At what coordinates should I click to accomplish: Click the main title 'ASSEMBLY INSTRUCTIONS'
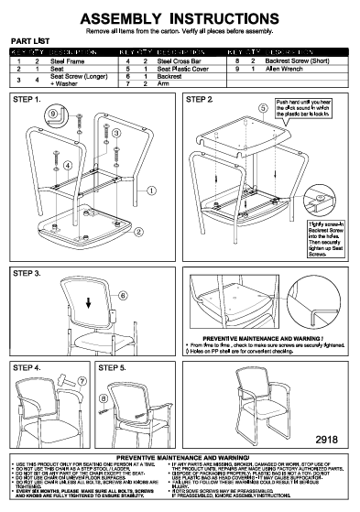180,17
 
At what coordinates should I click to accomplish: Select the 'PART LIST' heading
29,42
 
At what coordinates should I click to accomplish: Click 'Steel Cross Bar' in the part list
181,60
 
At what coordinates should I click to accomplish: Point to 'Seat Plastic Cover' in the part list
185,68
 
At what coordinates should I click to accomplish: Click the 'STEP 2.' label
200,98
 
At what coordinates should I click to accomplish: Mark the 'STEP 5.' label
113,366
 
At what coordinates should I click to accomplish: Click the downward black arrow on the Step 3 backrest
88,303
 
